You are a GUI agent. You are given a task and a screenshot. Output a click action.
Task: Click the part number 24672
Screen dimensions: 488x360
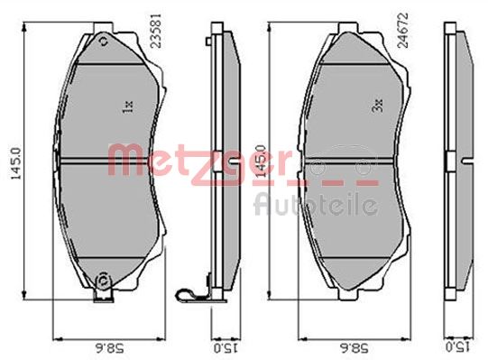coord(403,30)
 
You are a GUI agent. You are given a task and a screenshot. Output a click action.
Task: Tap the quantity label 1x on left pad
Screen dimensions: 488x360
coord(129,106)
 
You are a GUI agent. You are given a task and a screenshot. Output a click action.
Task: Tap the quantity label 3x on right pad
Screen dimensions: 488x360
coord(377,106)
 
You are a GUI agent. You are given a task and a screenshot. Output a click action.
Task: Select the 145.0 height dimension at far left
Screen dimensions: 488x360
coord(16,163)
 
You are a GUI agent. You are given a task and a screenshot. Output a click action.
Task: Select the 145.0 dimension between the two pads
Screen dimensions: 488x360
coord(261,161)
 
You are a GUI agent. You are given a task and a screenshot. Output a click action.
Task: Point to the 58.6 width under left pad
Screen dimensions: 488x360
coord(108,347)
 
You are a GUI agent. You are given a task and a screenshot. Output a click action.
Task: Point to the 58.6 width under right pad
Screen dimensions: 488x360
coord(354,347)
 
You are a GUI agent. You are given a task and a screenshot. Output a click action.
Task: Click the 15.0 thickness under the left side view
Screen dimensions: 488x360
coord(226,347)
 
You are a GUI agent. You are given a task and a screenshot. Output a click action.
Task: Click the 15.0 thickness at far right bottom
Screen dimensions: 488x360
coord(458,347)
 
